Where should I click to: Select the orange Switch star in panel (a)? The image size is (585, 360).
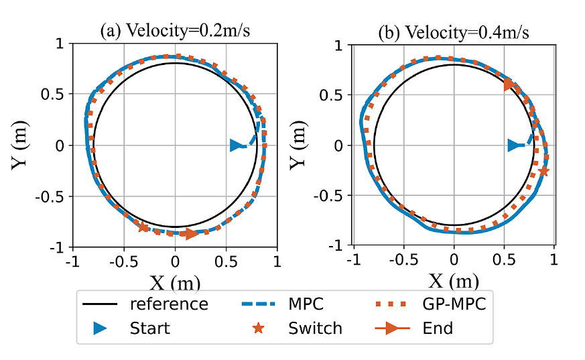click(x=142, y=227)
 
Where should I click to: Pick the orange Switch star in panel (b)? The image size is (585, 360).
click(x=543, y=171)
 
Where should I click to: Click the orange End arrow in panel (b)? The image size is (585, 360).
click(x=509, y=84)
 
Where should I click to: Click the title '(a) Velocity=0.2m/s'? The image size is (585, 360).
click(x=175, y=32)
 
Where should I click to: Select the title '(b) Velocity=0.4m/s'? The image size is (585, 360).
click(x=454, y=32)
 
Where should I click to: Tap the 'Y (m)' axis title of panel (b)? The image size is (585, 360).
click(x=302, y=145)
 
